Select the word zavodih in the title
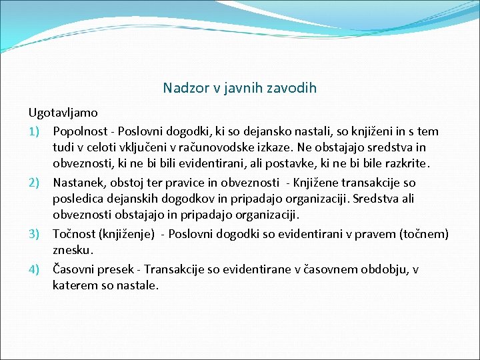(x=291, y=88)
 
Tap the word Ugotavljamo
(x=63, y=113)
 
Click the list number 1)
(x=36, y=131)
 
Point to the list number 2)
(x=36, y=183)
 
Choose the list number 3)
(x=36, y=235)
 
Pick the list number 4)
(x=36, y=269)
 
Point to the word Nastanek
(x=78, y=183)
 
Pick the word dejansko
(x=276, y=131)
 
